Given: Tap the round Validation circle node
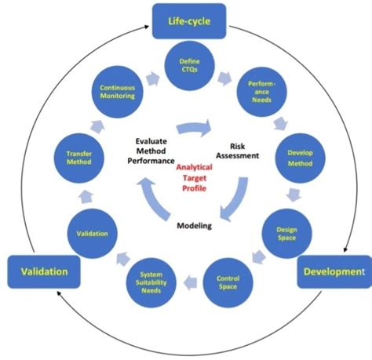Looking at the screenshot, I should [x=87, y=233].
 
